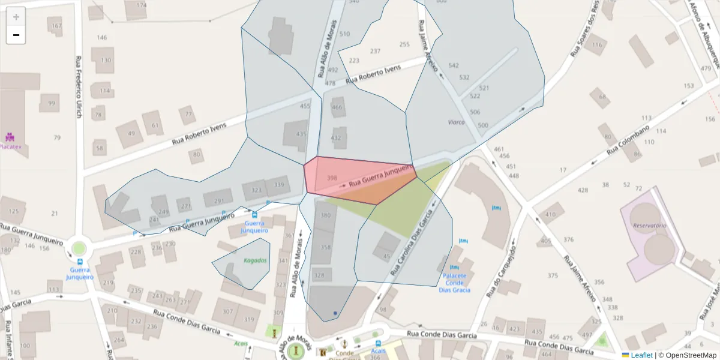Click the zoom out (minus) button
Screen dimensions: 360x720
[x=16, y=35]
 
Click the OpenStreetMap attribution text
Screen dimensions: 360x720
[x=691, y=355]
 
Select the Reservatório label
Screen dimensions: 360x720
[x=650, y=226]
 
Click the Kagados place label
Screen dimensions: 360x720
[x=255, y=260]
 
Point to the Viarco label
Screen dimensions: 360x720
[x=456, y=122]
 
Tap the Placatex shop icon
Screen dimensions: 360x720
[x=10, y=137]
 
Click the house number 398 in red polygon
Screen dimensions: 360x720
[x=332, y=178]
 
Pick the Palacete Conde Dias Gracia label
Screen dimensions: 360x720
[x=454, y=283]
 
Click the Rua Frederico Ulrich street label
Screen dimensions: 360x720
[x=79, y=87]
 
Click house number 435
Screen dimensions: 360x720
[x=301, y=133]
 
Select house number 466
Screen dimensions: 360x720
[x=337, y=107]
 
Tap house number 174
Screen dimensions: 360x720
[x=141, y=5]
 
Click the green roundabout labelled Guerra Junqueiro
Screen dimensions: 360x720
[x=79, y=248]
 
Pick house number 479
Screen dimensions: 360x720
[x=706, y=68]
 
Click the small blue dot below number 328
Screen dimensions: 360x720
[x=335, y=313]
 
